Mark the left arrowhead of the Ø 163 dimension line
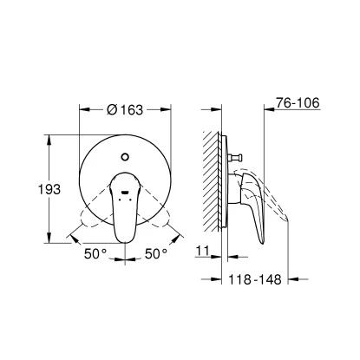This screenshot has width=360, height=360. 82,110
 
